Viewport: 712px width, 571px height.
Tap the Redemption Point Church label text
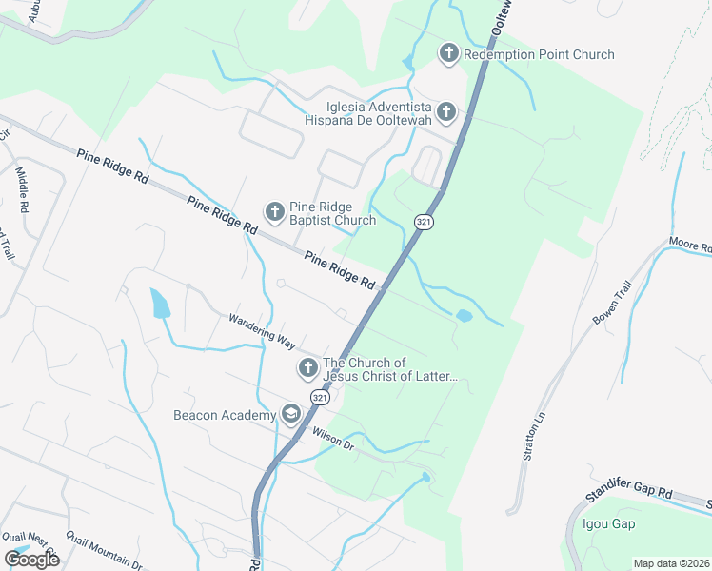(539, 55)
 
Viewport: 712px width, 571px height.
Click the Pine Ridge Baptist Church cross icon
(274, 212)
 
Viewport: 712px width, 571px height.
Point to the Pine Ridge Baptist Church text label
(333, 213)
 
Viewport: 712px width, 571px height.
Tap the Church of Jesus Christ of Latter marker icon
(307, 368)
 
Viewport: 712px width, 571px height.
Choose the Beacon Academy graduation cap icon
(290, 414)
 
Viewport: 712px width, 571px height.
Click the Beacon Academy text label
(223, 415)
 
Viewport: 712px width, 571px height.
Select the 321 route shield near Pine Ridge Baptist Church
(425, 221)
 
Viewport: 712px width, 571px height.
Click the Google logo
(31, 559)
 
